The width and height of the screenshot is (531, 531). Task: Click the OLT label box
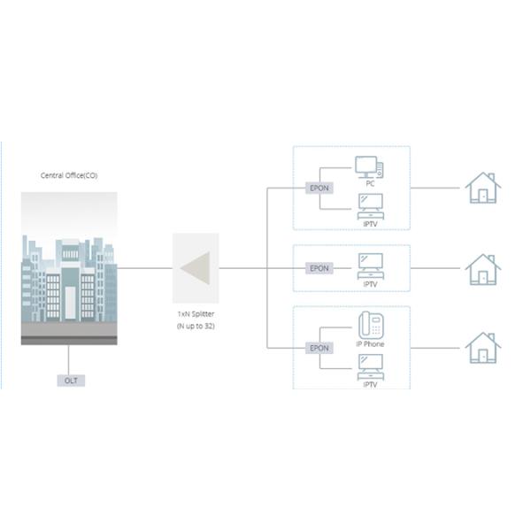click(69, 381)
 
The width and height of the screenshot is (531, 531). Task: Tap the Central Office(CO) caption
click(69, 175)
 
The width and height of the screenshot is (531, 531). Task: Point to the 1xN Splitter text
click(195, 314)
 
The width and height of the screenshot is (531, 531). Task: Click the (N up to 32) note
click(195, 327)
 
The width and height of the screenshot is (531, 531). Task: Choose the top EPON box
click(318, 189)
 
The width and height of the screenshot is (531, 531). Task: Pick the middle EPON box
click(318, 267)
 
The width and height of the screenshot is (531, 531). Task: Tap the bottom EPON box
click(318, 348)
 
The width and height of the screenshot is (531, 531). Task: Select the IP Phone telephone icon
click(369, 324)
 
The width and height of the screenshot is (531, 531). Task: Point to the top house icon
click(483, 188)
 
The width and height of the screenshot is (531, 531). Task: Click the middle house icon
click(483, 267)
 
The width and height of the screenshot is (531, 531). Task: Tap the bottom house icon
click(483, 347)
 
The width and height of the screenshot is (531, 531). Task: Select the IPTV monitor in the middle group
click(370, 264)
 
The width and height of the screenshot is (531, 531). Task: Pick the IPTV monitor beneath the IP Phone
click(370, 365)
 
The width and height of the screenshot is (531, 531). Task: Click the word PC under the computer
click(370, 183)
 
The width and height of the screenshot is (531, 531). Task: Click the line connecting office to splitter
click(144, 267)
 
